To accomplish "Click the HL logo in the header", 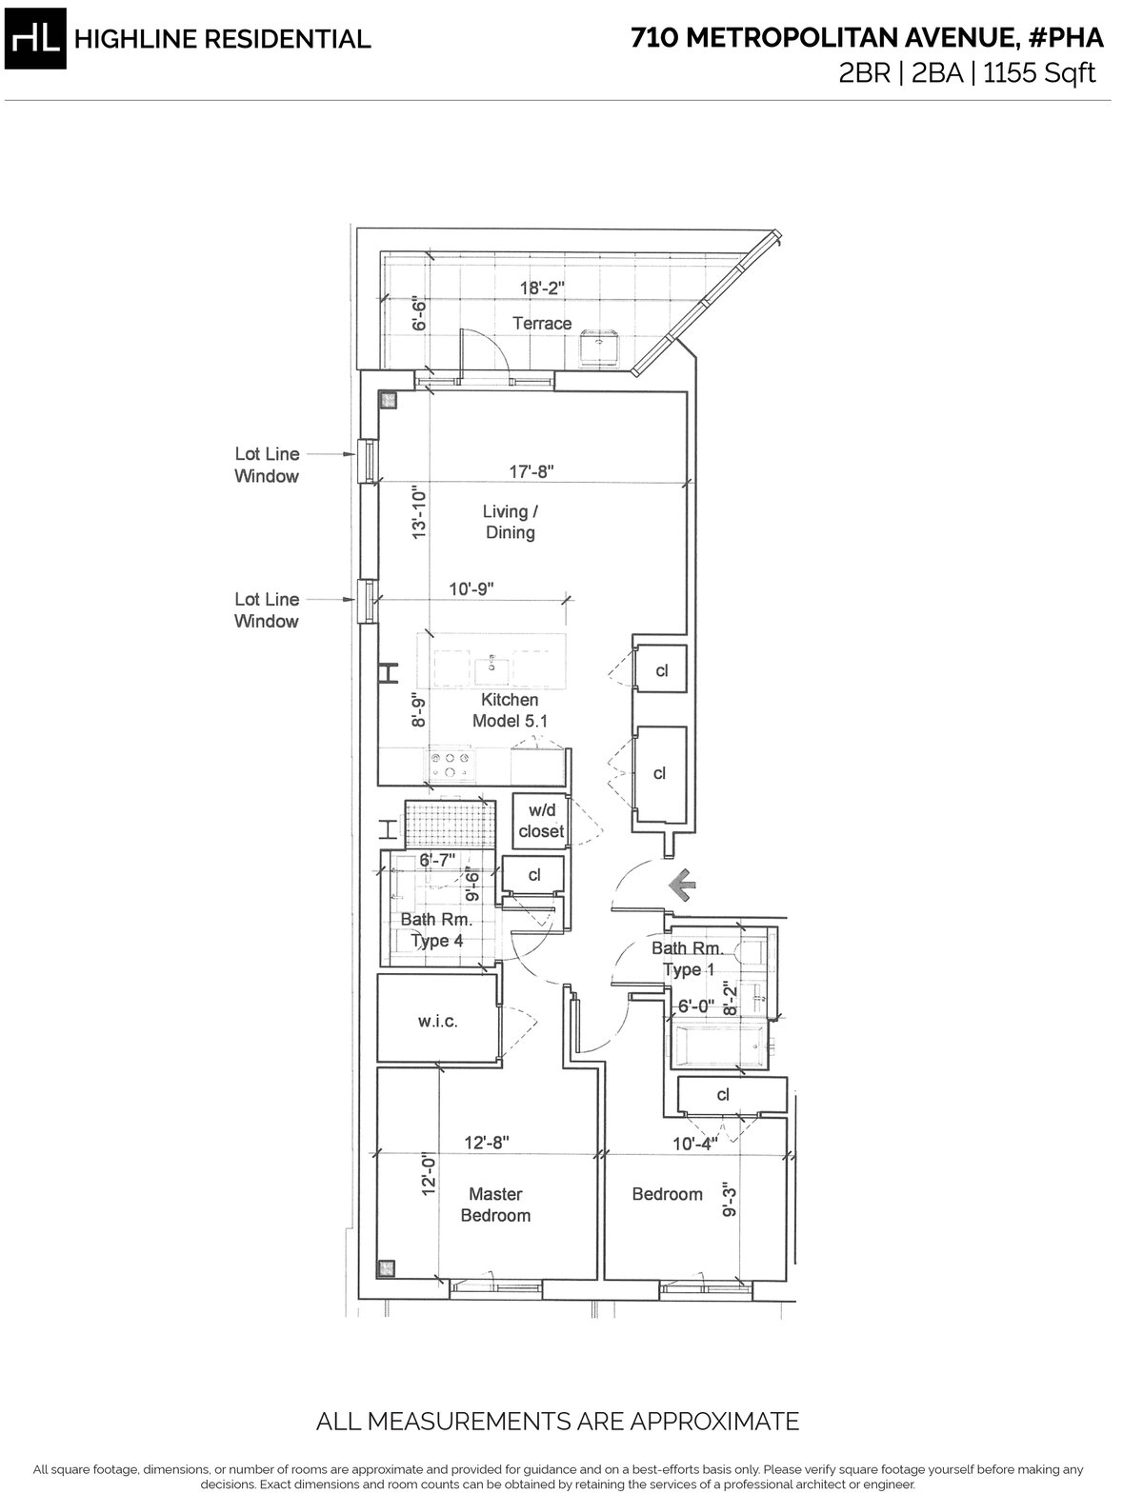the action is coord(35,39).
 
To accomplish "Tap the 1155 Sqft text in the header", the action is coord(1039,72).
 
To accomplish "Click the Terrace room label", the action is coord(542,324).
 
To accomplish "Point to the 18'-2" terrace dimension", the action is coord(543,288).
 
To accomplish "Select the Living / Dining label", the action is coord(510,522).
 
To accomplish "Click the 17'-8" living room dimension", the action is coord(531,471).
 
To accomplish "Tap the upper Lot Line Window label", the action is coord(267,465).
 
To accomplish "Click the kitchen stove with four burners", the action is coord(450,765).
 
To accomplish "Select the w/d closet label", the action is coord(541,820).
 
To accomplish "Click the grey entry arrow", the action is coord(682,886).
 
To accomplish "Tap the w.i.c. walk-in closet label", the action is coord(438,1021).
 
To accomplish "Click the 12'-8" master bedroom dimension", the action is coord(487,1143).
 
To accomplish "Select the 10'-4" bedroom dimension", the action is coord(695,1144).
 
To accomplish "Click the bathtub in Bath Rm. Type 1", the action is coord(719,1044).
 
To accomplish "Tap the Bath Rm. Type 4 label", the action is coord(435,929).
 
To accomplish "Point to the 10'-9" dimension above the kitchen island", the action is coord(471,588).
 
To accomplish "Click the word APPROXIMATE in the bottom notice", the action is coord(713,1421).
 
